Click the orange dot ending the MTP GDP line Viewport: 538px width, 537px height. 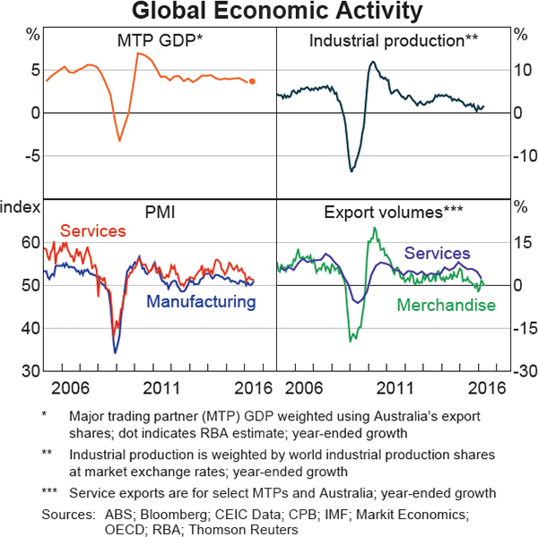point(253,82)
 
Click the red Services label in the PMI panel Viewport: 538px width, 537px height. point(93,231)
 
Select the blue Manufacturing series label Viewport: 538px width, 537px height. point(201,301)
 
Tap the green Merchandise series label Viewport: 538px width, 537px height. point(447,306)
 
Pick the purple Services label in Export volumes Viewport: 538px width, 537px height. point(437,254)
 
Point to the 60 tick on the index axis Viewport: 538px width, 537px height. point(29,242)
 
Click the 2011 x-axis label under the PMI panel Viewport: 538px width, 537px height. point(160,388)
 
